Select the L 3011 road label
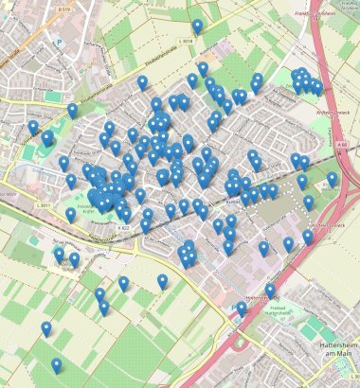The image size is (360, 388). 43,205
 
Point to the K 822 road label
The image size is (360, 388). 123,228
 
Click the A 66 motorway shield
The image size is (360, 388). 341,145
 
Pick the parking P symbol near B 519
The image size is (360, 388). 59,42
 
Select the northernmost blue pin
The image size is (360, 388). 197,26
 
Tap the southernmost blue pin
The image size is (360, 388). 57,364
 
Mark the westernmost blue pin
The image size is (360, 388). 33,127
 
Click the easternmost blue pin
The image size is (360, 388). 332,178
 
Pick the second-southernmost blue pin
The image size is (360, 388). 46,327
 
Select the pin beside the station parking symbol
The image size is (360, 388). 242,308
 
